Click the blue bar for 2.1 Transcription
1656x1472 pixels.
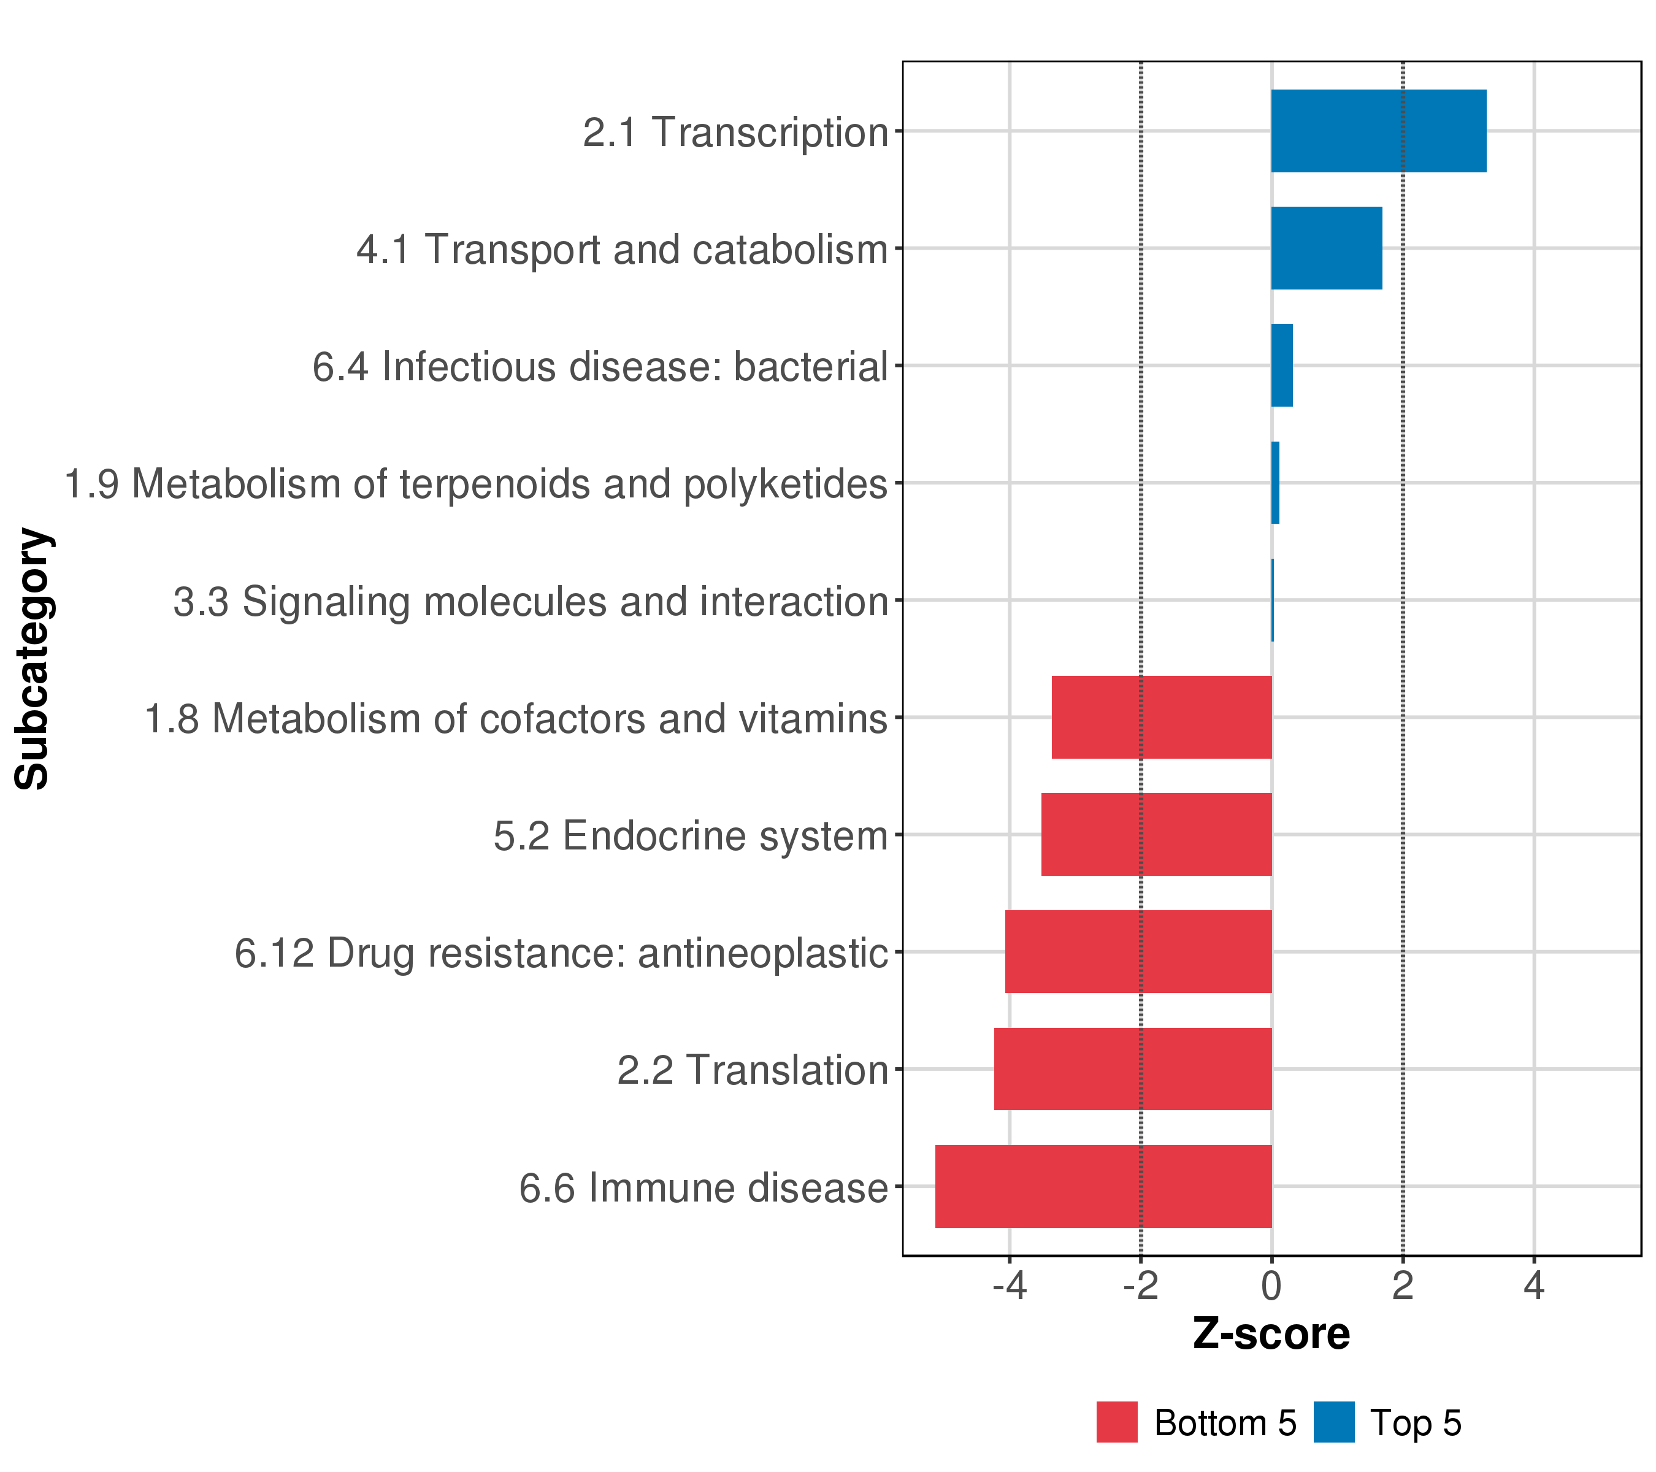(x=1378, y=131)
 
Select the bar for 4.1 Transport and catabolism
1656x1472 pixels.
(x=1326, y=248)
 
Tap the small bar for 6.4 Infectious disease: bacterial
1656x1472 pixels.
(x=1282, y=366)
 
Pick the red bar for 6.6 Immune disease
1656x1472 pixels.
(x=1103, y=1186)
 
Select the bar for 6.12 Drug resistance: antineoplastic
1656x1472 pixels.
(x=1138, y=951)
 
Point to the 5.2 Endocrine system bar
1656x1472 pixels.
(x=1156, y=834)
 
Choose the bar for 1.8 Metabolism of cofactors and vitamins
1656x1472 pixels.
(x=1161, y=717)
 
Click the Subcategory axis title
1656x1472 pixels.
(x=33, y=658)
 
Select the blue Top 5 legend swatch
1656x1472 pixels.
(x=1333, y=1422)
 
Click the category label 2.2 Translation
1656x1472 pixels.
(x=753, y=1070)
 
